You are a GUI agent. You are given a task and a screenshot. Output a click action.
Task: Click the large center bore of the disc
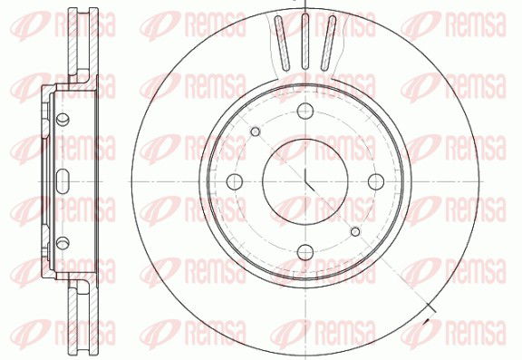[304, 181]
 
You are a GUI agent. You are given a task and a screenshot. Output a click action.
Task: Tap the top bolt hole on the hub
[305, 111]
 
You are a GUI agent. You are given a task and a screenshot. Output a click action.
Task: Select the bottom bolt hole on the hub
[305, 252]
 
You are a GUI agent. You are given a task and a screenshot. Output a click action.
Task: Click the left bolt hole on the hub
[235, 181]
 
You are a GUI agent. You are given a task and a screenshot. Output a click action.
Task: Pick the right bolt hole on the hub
[376, 181]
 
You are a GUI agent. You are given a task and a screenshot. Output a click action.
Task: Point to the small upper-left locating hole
[256, 131]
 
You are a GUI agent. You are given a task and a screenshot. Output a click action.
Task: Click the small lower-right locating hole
[355, 231]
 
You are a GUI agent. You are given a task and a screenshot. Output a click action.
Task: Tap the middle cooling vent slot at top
[304, 42]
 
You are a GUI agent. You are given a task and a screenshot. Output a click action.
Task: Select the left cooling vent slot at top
[282, 44]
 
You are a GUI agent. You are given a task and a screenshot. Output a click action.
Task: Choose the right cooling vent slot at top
[328, 44]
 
